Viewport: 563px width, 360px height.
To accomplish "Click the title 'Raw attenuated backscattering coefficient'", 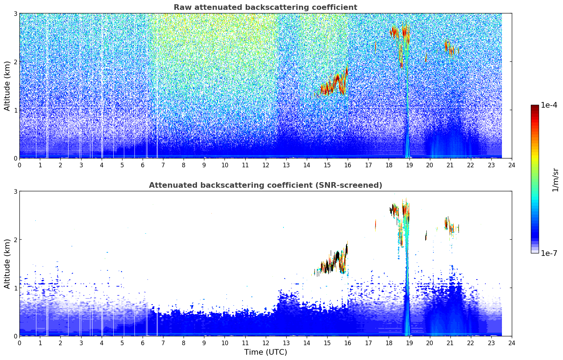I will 265,7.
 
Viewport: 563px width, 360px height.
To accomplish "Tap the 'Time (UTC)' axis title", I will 265,352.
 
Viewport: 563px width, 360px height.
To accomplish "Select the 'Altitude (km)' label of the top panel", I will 7,86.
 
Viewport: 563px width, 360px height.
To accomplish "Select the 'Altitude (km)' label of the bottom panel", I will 7,264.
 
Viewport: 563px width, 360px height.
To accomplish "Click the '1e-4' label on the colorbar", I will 549,105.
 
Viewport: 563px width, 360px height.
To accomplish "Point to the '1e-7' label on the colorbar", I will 549,253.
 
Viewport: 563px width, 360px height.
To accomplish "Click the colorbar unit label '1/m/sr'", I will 555,180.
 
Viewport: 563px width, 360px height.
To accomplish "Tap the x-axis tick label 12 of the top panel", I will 265,165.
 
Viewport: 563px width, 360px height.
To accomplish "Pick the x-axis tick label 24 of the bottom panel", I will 511,343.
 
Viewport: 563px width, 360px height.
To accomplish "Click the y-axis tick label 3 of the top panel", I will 16,13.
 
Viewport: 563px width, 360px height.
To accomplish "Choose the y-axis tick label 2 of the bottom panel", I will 16,240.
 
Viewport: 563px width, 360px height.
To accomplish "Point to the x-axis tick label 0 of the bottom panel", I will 19,343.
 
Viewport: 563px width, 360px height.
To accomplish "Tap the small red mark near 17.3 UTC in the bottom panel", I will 375,224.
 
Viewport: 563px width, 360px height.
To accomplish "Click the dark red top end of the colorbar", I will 534,107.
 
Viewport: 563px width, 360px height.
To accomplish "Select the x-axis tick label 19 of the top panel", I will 409,165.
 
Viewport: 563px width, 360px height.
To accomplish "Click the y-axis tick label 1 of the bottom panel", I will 16,288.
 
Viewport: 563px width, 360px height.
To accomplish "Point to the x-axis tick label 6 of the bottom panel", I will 143,343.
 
